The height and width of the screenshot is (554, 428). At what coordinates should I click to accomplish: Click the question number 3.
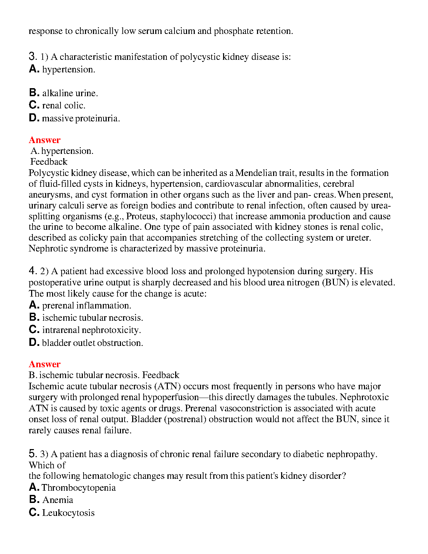click(33, 56)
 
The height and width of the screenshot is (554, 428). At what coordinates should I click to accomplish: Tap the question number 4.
click(33, 271)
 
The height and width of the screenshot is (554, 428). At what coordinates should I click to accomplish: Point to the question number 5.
click(33, 454)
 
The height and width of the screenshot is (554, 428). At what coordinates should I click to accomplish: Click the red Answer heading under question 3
click(44, 140)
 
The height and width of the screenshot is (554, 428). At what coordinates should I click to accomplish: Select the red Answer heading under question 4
click(44, 364)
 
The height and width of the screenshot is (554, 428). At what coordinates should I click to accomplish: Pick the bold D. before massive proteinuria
click(34, 118)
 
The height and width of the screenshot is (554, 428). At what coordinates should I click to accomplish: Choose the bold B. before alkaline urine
click(34, 93)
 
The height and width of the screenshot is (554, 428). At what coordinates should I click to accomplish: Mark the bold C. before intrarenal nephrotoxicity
click(34, 329)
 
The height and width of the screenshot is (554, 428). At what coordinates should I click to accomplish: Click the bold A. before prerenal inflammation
click(34, 305)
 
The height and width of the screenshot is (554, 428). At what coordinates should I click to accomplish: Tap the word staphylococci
click(185, 216)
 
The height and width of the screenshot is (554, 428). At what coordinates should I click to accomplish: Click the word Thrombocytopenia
click(79, 488)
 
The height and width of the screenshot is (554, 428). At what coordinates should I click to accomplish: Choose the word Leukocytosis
click(69, 513)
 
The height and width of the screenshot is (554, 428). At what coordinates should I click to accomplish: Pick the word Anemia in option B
click(58, 500)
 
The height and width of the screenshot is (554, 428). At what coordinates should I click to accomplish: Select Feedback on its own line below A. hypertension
click(49, 162)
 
